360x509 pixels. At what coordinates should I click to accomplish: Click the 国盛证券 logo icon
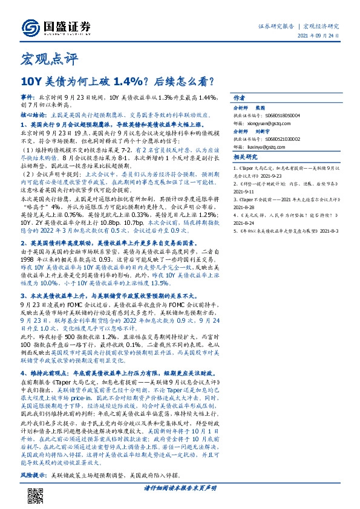tap(30, 27)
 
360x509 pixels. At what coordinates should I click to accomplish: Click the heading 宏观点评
tap(42, 60)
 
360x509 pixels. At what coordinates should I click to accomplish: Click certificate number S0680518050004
tap(283, 114)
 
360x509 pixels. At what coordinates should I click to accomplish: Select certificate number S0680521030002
tap(283, 138)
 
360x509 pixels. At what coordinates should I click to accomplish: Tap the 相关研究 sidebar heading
tap(244, 158)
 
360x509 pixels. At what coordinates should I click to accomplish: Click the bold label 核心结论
tap(33, 113)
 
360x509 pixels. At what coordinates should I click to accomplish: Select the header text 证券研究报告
tap(276, 27)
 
